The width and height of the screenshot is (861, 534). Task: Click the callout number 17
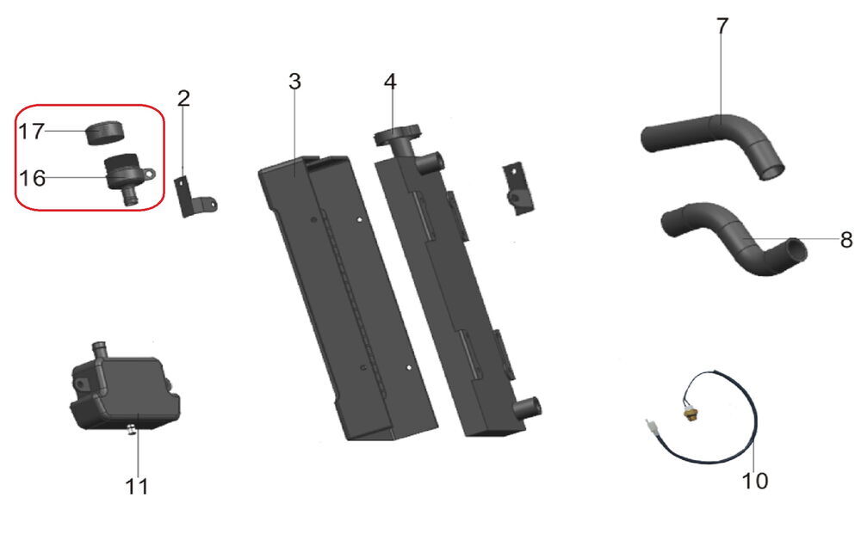point(31,131)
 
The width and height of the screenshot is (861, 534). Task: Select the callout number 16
point(32,178)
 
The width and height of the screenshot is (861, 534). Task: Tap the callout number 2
point(183,98)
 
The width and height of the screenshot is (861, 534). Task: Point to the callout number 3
point(294,82)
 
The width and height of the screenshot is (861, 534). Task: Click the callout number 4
point(390,82)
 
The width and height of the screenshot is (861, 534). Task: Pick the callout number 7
point(722,26)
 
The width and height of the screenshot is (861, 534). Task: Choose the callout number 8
point(846,240)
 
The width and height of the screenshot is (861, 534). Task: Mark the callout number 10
point(755,481)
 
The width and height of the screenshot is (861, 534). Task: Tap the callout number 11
point(137,487)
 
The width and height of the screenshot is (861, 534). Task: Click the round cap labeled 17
point(105,132)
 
